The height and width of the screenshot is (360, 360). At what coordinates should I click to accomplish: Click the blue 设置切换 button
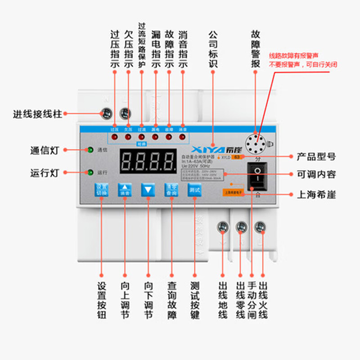tap(101, 190)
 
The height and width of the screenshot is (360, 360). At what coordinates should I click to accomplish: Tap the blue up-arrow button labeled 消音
tap(125, 190)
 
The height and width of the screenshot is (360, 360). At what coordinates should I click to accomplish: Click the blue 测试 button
tap(194, 190)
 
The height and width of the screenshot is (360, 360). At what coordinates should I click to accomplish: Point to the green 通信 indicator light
tap(90, 150)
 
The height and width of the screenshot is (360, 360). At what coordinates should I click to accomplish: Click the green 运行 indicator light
tap(90, 172)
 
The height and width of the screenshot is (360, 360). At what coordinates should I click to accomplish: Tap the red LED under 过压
tap(115, 137)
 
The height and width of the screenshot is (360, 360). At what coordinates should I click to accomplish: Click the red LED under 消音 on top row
tap(182, 137)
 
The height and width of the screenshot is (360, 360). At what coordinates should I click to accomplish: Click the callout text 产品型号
tap(316, 157)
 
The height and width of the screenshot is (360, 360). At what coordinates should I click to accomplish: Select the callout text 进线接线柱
tap(37, 114)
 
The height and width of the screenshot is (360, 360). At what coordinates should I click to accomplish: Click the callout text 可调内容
tap(316, 175)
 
